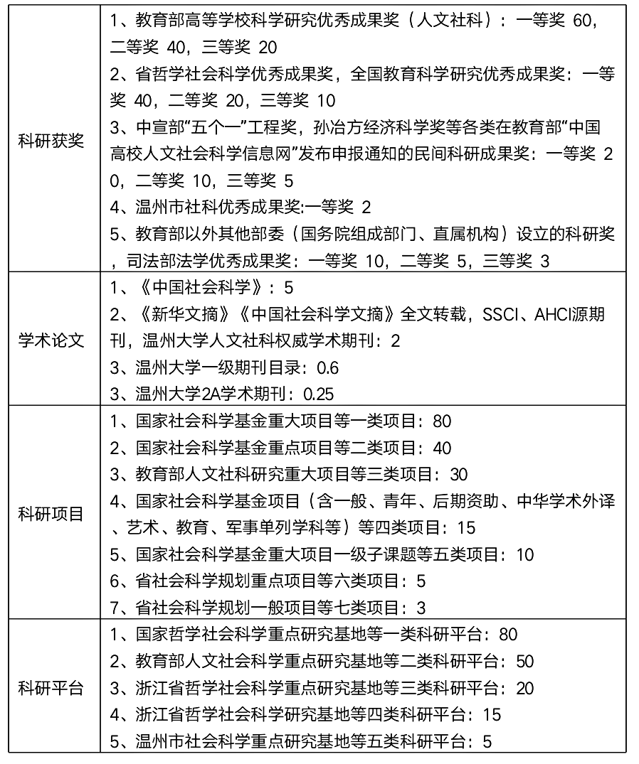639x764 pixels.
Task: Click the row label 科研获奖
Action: coord(51,141)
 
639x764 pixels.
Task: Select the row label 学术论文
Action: coord(51,340)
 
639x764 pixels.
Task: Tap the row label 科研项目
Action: coord(51,514)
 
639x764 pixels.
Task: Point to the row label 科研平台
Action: coord(51,688)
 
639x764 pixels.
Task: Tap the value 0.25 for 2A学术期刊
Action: coord(319,394)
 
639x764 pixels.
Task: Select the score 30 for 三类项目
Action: coord(459,474)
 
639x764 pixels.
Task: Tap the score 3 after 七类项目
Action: coord(421,608)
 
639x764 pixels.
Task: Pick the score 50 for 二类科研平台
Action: coord(524,661)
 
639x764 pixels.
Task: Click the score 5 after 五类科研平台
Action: coord(487,741)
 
